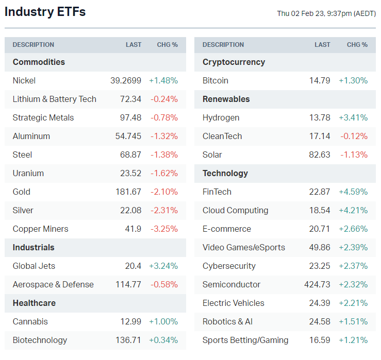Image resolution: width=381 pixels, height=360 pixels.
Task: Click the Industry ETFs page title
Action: coord(45,12)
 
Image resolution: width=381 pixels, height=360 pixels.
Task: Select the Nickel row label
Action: coord(24,80)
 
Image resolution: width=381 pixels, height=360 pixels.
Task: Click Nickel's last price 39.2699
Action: coord(126,80)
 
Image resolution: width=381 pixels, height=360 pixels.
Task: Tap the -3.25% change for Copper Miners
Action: coord(164,229)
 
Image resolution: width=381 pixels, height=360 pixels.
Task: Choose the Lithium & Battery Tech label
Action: coord(55,99)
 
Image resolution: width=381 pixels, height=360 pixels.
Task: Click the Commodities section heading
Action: coord(39,62)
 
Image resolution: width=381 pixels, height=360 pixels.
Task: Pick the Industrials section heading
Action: coord(34,247)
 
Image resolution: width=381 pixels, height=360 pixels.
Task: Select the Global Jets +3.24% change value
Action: coord(163,266)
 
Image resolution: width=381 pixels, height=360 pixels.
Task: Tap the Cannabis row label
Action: coord(30,321)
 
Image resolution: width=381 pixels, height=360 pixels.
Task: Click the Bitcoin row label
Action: coord(216,80)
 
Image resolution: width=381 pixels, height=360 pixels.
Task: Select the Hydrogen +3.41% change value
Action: coord(353,117)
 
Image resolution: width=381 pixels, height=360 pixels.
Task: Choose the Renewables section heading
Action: coord(226,99)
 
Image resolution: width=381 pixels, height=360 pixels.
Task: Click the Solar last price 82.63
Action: coord(319,155)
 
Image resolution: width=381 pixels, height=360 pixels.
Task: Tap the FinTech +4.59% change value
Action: coord(353,192)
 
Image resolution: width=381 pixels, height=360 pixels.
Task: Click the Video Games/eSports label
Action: coord(244,247)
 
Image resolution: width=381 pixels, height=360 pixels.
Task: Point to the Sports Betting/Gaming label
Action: coord(245,340)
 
